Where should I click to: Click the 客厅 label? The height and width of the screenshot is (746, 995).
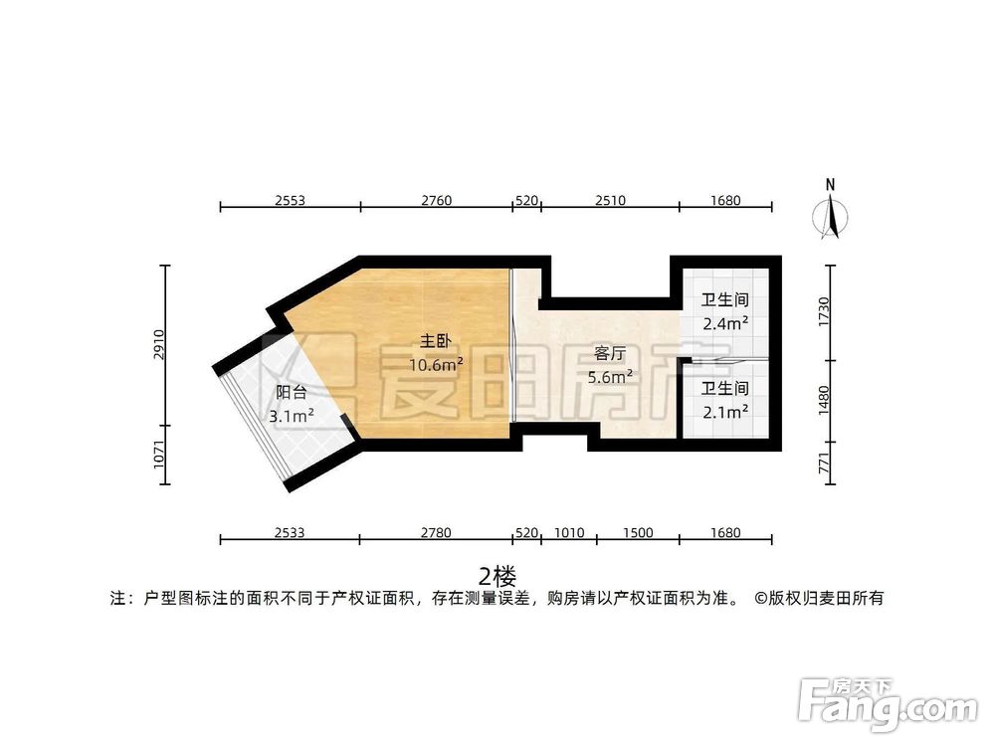coord(611,354)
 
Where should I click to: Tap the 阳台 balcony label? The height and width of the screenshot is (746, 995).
coord(292,393)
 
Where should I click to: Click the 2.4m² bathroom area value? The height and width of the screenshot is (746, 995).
coord(724,322)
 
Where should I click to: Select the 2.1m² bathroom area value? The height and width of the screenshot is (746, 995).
coord(724,410)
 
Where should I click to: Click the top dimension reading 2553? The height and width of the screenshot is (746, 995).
coord(290,200)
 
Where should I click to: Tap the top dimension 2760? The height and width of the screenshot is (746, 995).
coord(436,200)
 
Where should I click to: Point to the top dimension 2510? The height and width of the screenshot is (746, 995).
coord(610,200)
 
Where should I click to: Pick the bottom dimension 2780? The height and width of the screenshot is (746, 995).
coord(436,533)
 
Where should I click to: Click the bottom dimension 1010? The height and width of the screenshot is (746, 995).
coord(569,533)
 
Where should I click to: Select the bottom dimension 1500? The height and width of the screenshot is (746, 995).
coord(638,533)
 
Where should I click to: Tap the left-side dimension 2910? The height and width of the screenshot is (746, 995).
coord(158,344)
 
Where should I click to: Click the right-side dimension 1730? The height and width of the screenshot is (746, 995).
coord(823,310)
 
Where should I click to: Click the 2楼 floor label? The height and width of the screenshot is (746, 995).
coord(497,576)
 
